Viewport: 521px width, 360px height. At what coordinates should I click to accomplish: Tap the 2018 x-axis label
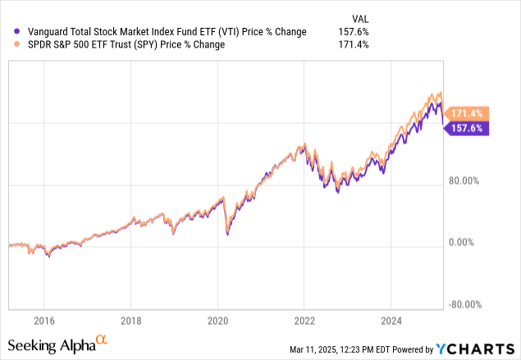pyautogui.click(x=130, y=320)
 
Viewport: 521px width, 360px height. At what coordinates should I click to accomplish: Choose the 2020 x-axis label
pyautogui.click(x=217, y=320)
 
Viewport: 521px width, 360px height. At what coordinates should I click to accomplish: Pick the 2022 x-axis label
pyautogui.click(x=304, y=320)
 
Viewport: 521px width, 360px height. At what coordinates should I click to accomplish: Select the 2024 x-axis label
pyautogui.click(x=391, y=320)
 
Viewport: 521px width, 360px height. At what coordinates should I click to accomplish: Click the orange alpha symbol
pyautogui.click(x=102, y=338)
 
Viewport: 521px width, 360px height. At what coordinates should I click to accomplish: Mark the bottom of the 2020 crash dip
pyautogui.click(x=227, y=235)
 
